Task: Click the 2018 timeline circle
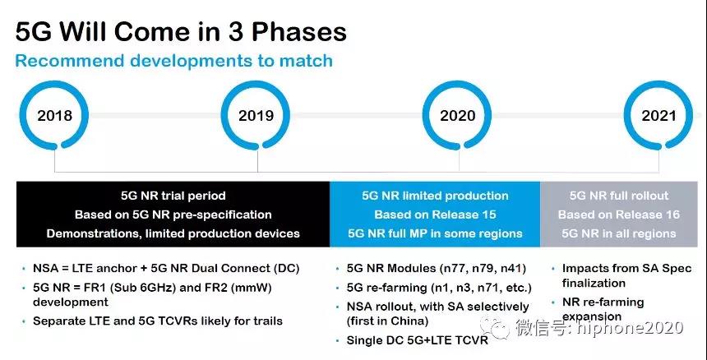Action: coord(54,82)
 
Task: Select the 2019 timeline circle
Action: coord(256,82)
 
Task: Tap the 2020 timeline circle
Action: coord(458,82)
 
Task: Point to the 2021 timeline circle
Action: coord(658,82)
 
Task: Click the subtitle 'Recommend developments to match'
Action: coord(174,60)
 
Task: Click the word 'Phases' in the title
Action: coord(298,32)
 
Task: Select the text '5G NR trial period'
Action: coord(173,196)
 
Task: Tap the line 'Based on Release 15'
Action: coord(435,215)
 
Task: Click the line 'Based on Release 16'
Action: coord(618,215)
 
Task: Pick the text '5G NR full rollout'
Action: coord(619,196)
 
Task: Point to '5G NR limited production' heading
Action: coord(435,196)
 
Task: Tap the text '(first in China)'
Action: coord(387,321)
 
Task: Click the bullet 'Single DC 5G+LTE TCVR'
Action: coord(417,340)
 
